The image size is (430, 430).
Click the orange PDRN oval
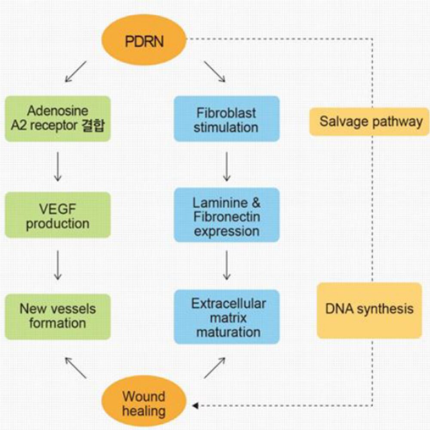click(x=144, y=42)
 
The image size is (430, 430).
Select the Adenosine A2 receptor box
click(x=58, y=119)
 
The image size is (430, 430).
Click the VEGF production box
click(x=58, y=215)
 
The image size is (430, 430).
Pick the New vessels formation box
click(x=58, y=316)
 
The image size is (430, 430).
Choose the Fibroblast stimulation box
click(x=227, y=119)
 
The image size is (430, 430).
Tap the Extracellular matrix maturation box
click(x=227, y=317)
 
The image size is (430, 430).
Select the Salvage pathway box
click(x=369, y=122)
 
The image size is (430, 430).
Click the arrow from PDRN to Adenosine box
click(x=76, y=71)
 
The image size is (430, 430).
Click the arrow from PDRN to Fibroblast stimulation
click(x=214, y=71)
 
